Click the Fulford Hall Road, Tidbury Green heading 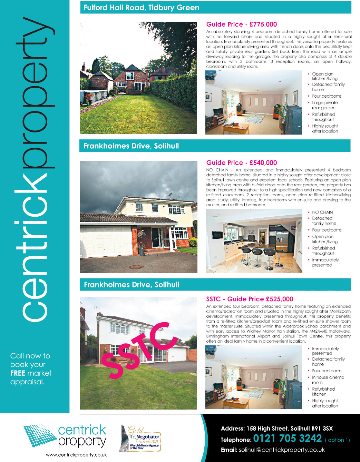coord(141,8)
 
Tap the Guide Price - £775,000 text coord(242,24)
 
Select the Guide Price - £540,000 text coord(242,163)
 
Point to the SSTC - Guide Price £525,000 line coord(250,299)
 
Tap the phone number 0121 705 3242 coord(287,439)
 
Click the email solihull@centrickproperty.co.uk coord(282,450)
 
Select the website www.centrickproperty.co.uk coord(76,455)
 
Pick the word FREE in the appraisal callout coord(18,373)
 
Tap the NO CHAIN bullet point coord(322,213)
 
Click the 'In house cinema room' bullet coord(328,380)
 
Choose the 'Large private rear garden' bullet coord(324,105)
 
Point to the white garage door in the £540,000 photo coord(106,242)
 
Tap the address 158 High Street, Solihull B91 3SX coord(277,429)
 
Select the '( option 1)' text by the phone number coord(337,440)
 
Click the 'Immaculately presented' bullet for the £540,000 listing coord(325,263)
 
